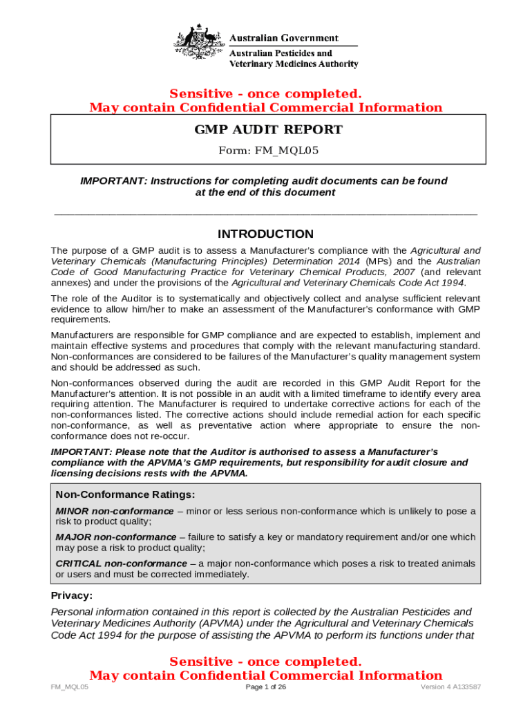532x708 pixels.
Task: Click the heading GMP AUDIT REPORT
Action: pyautogui.click(x=268, y=130)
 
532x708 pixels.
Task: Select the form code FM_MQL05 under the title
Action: pyautogui.click(x=268, y=150)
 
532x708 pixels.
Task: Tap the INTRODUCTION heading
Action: pyautogui.click(x=265, y=234)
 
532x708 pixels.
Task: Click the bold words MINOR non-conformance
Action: pyautogui.click(x=115, y=511)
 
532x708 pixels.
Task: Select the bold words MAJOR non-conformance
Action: pyautogui.click(x=116, y=537)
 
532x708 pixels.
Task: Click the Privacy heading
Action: pyautogui.click(x=72, y=595)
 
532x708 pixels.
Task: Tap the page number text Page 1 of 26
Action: pyautogui.click(x=266, y=687)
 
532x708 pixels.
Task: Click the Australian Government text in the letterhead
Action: pyautogui.click(x=283, y=38)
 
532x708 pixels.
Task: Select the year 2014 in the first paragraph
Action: pyautogui.click(x=349, y=261)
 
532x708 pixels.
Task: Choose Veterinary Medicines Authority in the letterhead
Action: pyautogui.click(x=294, y=64)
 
